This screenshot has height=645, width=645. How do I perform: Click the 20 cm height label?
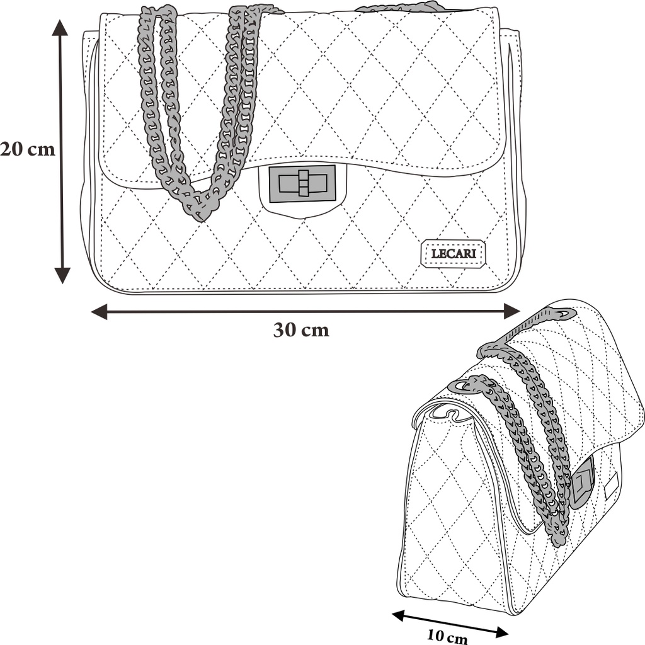28,150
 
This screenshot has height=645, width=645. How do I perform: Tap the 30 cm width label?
301,330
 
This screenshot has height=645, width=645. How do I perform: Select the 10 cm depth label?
447,637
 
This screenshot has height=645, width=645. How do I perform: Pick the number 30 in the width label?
284,330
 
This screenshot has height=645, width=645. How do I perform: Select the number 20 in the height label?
13,150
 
